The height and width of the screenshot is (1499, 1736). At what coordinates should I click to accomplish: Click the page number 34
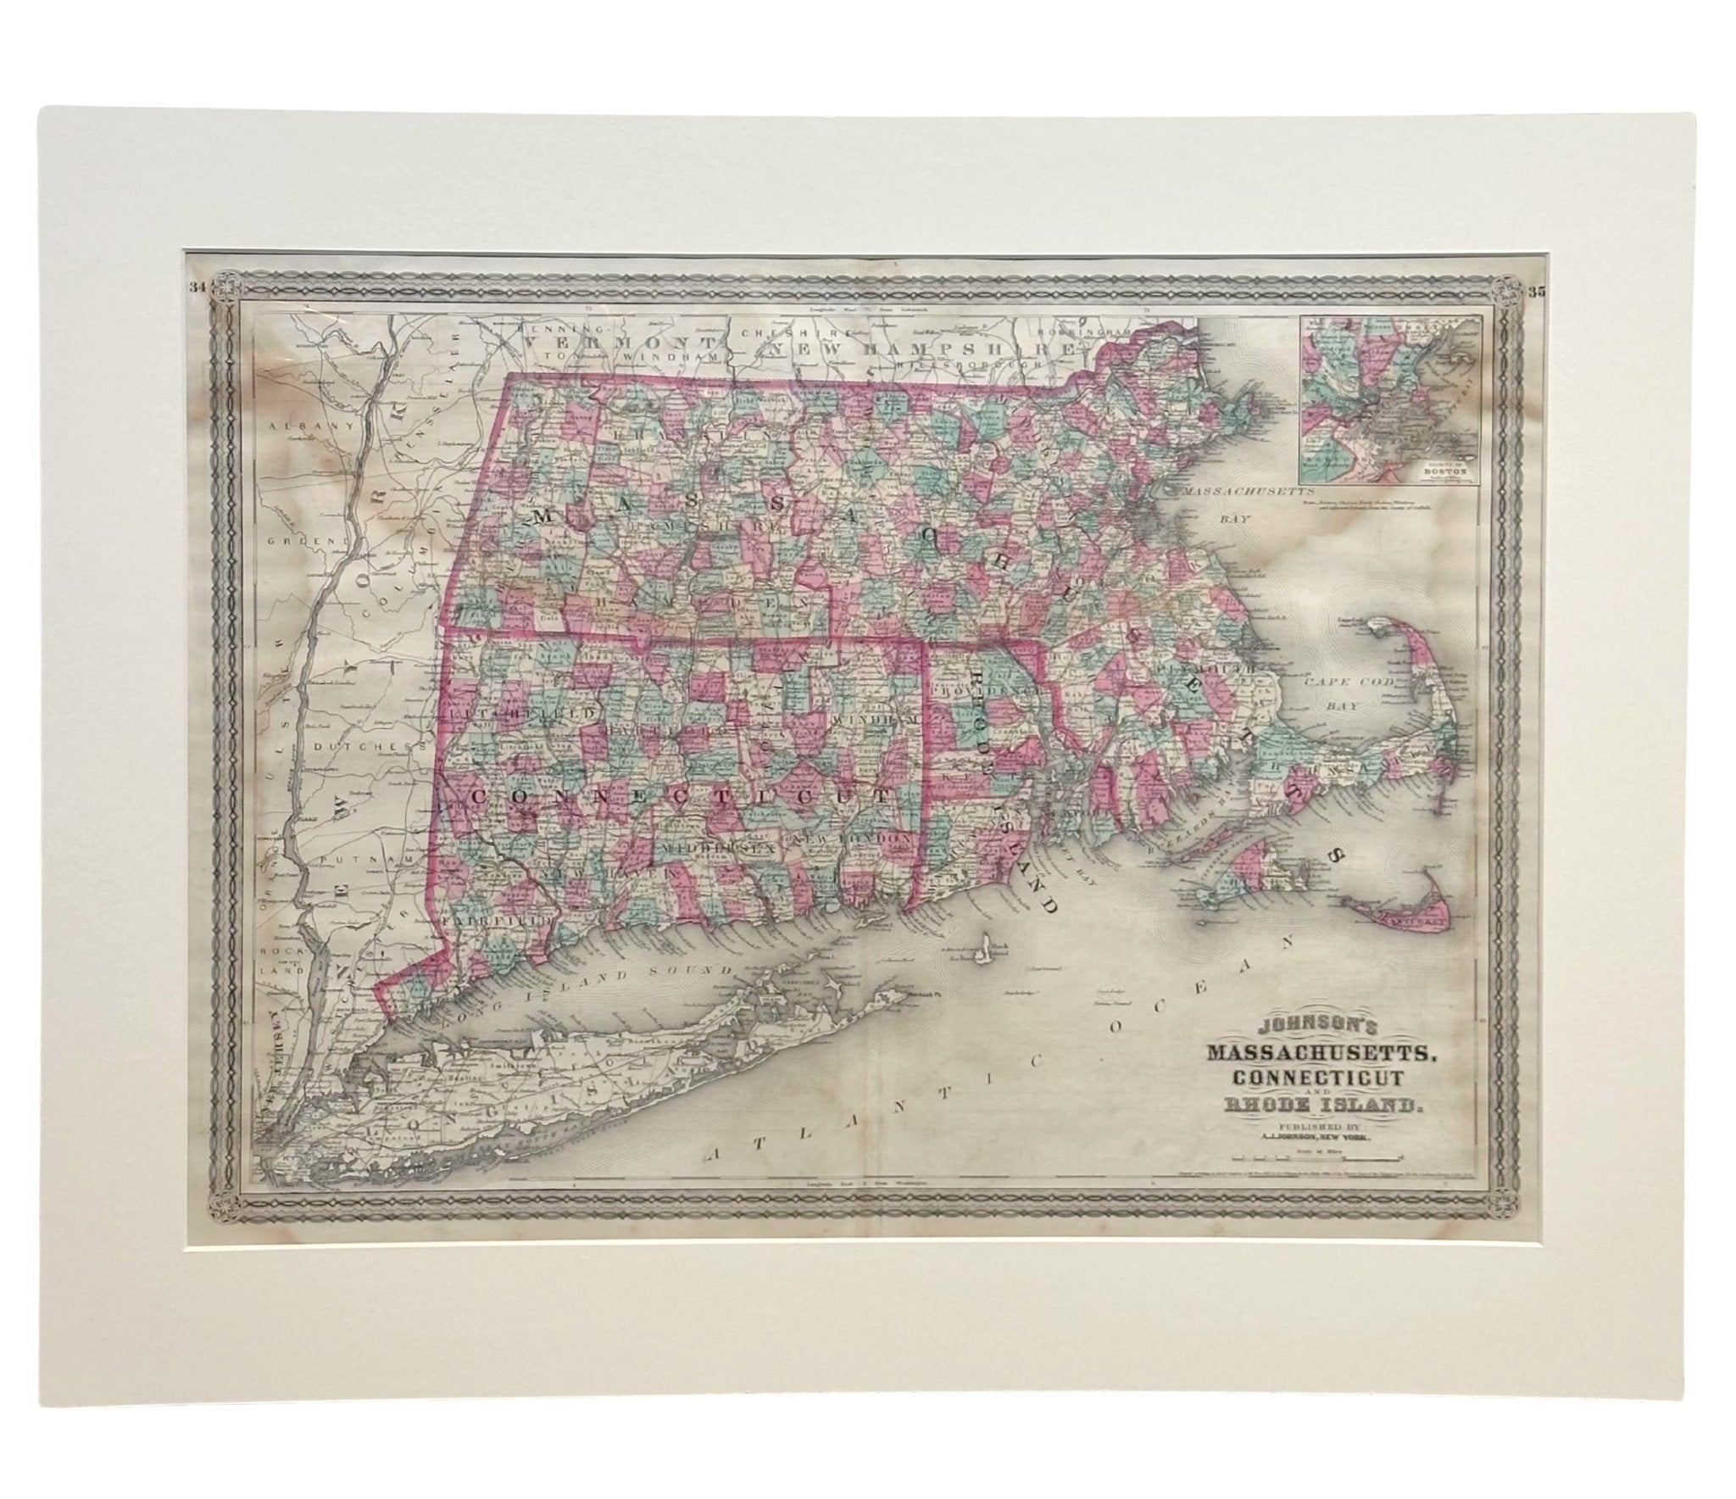point(198,311)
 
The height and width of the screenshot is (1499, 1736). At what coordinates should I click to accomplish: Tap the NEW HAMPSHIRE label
point(920,348)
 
